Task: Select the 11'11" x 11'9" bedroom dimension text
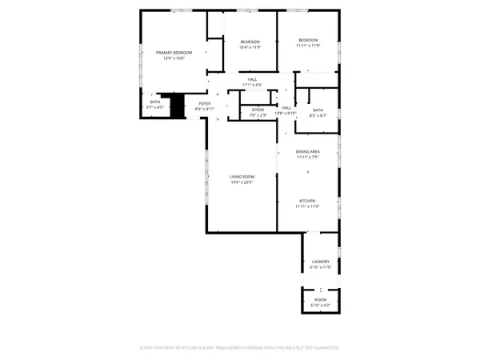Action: (x=309, y=46)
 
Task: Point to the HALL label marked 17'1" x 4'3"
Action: (x=252, y=79)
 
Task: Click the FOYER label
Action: (x=205, y=103)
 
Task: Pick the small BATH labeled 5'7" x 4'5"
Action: (x=154, y=102)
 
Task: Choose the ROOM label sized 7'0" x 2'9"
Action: (x=258, y=110)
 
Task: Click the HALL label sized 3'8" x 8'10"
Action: (x=286, y=107)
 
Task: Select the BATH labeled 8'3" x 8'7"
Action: (x=318, y=110)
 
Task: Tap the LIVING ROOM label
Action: (x=242, y=177)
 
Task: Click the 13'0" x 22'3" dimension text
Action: (x=242, y=182)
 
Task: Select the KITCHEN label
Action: (x=309, y=201)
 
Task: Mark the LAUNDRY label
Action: (x=320, y=261)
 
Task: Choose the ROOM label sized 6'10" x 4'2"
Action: (x=320, y=301)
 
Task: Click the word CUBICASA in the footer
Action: (x=206, y=348)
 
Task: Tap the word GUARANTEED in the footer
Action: (x=324, y=348)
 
